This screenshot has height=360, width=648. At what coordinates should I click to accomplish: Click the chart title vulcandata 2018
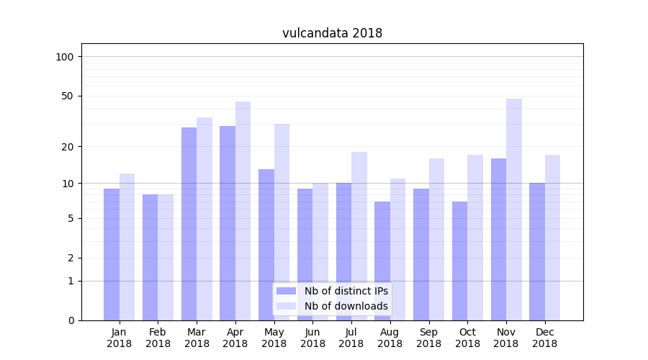pyautogui.click(x=332, y=33)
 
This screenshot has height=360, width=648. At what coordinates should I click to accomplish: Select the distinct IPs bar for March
pyautogui.click(x=189, y=223)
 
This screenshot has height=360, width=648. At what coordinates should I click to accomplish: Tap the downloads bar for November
pyautogui.click(x=514, y=209)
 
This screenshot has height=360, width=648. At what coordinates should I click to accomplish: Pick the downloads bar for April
pyautogui.click(x=243, y=210)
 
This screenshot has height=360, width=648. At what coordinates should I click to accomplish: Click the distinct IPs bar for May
pyautogui.click(x=266, y=245)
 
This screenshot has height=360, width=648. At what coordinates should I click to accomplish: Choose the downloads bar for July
pyautogui.click(x=359, y=236)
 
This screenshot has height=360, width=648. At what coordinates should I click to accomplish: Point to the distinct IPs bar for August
pyautogui.click(x=382, y=261)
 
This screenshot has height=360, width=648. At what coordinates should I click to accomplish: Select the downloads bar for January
pyautogui.click(x=127, y=246)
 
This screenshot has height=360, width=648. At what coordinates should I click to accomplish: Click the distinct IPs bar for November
pyautogui.click(x=498, y=239)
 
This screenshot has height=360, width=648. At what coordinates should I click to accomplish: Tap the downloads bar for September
pyautogui.click(x=436, y=239)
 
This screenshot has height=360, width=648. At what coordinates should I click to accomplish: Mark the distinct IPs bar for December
pyautogui.click(x=537, y=251)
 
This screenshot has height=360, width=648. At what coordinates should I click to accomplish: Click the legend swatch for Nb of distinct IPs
pyautogui.click(x=287, y=291)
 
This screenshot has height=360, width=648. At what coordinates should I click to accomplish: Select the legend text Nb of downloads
pyautogui.click(x=346, y=306)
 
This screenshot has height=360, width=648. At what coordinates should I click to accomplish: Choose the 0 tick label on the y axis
pyautogui.click(x=71, y=320)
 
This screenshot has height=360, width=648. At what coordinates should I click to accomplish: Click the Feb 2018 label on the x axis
pyautogui.click(x=158, y=338)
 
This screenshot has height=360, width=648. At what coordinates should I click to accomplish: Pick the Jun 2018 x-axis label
pyautogui.click(x=312, y=338)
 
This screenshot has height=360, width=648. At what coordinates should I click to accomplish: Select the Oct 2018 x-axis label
pyautogui.click(x=467, y=338)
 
